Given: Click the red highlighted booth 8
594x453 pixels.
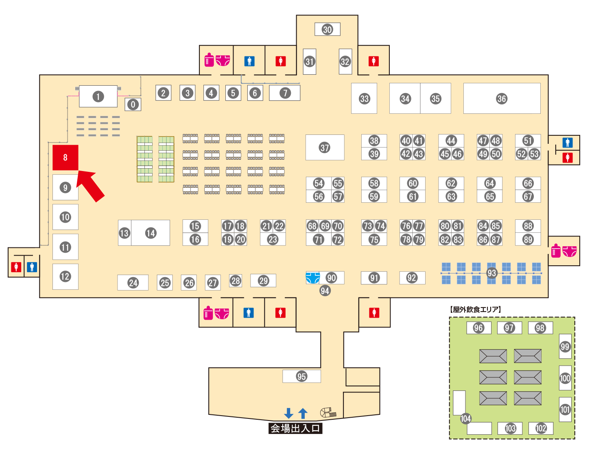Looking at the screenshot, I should [x=65, y=158].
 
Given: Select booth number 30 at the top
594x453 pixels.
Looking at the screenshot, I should [x=328, y=29].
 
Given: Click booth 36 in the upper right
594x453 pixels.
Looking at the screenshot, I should [x=502, y=98].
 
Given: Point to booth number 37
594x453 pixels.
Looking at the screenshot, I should [x=325, y=147].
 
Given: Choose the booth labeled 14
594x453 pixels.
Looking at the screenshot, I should [x=151, y=233].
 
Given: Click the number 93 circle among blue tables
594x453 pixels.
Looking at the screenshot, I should [x=492, y=273].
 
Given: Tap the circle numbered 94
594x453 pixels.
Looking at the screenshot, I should [x=325, y=290].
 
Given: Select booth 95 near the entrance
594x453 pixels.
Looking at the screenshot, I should [x=301, y=376].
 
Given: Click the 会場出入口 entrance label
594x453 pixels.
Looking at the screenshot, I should [x=295, y=428].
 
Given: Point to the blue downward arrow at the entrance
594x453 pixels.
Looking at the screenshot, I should [x=289, y=413].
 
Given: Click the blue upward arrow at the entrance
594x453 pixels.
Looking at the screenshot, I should [x=303, y=413].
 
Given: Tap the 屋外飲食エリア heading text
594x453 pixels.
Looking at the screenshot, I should [x=475, y=309].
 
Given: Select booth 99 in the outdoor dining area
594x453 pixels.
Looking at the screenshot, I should [x=565, y=346].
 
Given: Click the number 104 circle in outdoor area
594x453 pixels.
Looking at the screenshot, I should [x=465, y=418].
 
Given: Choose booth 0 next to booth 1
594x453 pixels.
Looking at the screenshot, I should [x=133, y=104].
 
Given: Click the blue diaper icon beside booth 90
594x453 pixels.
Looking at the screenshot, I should [x=312, y=278].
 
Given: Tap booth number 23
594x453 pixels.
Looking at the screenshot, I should [x=273, y=239].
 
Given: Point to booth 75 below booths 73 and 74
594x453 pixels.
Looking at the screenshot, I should [x=374, y=239].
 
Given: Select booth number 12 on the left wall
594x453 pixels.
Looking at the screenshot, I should [x=65, y=276].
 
